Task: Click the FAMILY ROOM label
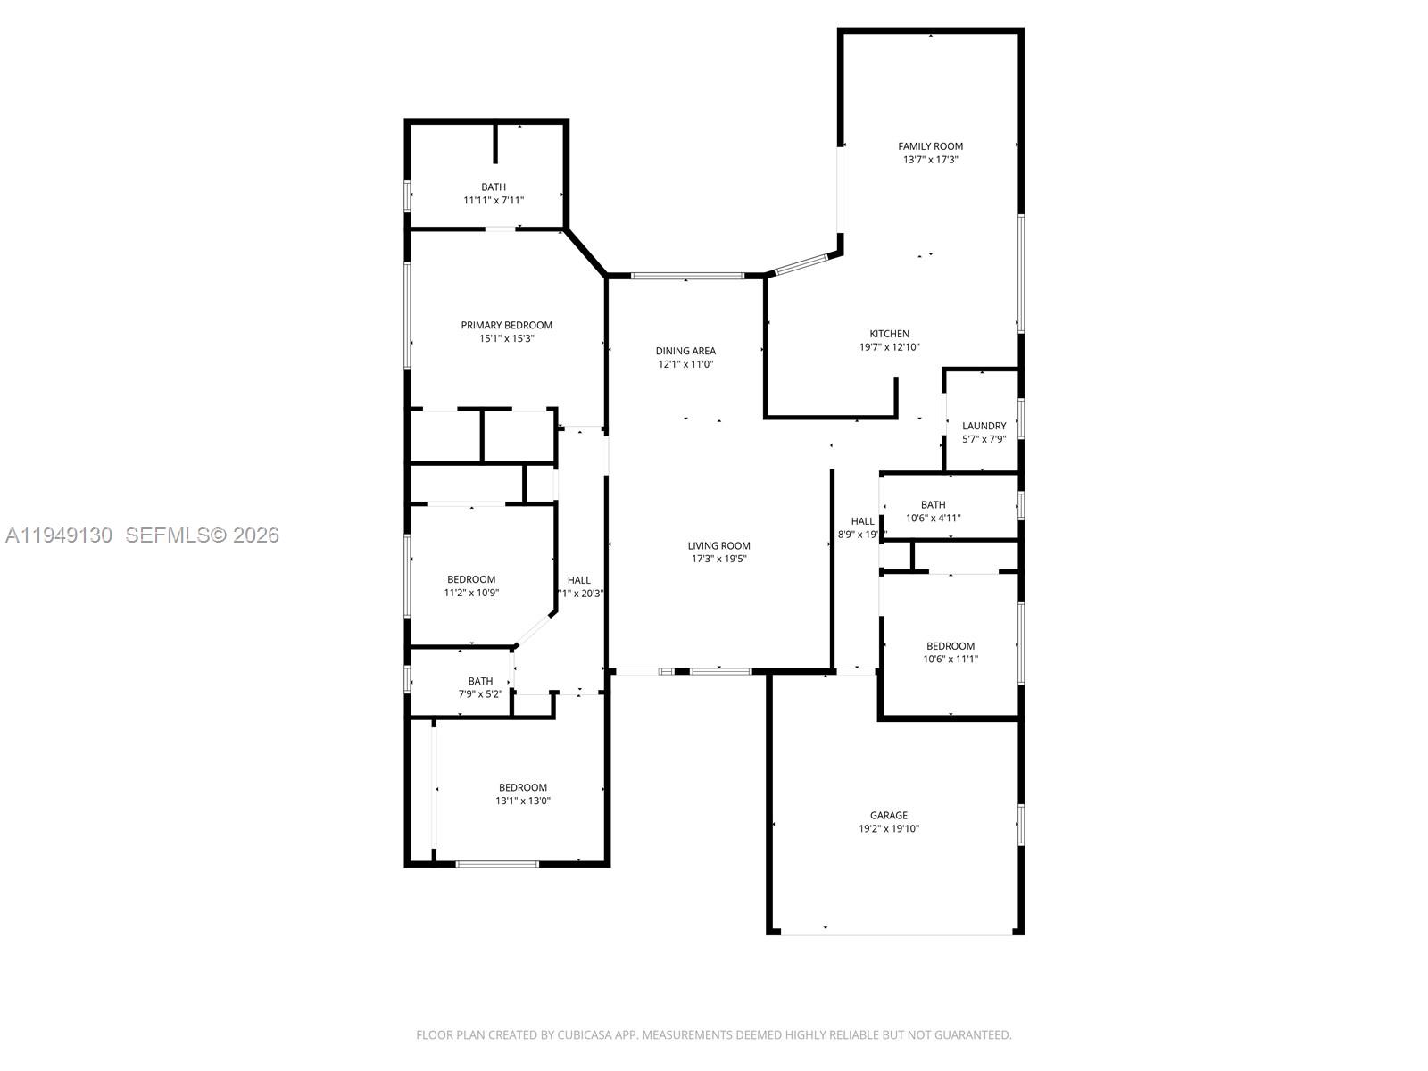click(x=930, y=146)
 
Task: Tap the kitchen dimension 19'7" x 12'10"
click(x=889, y=347)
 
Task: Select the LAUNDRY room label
click(x=984, y=426)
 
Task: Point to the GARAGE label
click(x=889, y=815)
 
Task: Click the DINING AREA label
click(x=685, y=351)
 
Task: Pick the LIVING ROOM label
click(x=718, y=545)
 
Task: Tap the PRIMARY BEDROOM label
click(x=506, y=325)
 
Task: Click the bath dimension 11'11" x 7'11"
click(x=494, y=200)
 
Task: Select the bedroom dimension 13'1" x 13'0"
click(x=523, y=801)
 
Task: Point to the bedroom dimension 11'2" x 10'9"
click(x=471, y=592)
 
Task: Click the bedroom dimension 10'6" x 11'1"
click(x=951, y=659)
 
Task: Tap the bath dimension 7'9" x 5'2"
click(x=480, y=693)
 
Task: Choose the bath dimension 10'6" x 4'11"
click(x=933, y=518)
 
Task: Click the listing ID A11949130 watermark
click(x=59, y=535)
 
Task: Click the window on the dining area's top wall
click(x=687, y=276)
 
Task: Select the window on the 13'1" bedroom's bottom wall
click(x=497, y=864)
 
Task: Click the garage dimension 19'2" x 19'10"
click(x=889, y=828)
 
